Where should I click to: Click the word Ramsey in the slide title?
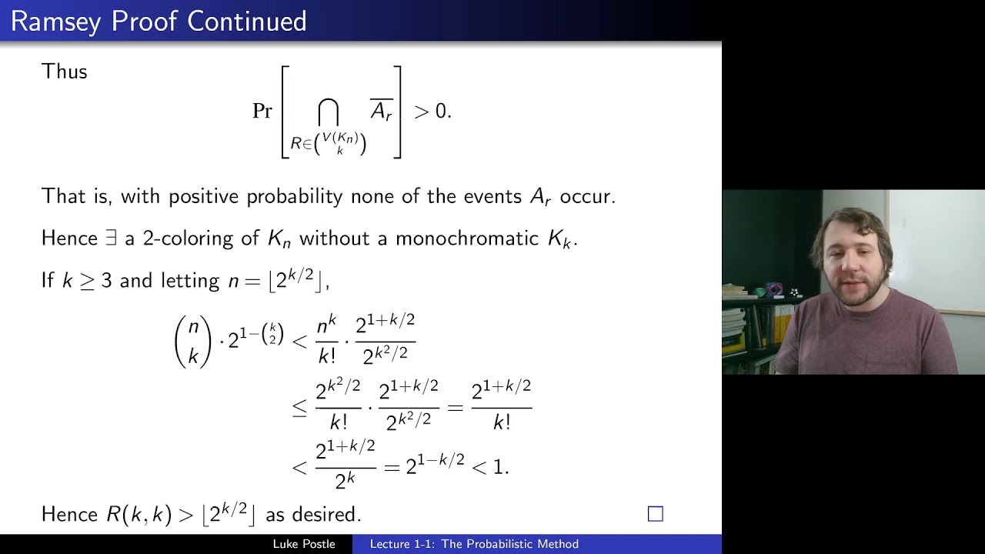[x=56, y=22]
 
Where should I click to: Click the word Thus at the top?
[x=65, y=72]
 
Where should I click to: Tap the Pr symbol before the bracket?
[x=262, y=111]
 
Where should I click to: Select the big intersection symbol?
[x=329, y=112]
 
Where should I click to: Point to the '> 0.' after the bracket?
[x=432, y=111]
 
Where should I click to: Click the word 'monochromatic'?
[x=467, y=239]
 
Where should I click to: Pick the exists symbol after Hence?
[x=112, y=239]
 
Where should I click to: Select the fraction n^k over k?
[x=327, y=339]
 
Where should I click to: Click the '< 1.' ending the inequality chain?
[x=490, y=466]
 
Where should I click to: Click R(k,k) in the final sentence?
[x=139, y=514]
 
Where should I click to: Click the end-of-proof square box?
[x=656, y=513]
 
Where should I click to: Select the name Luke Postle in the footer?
[x=304, y=544]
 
